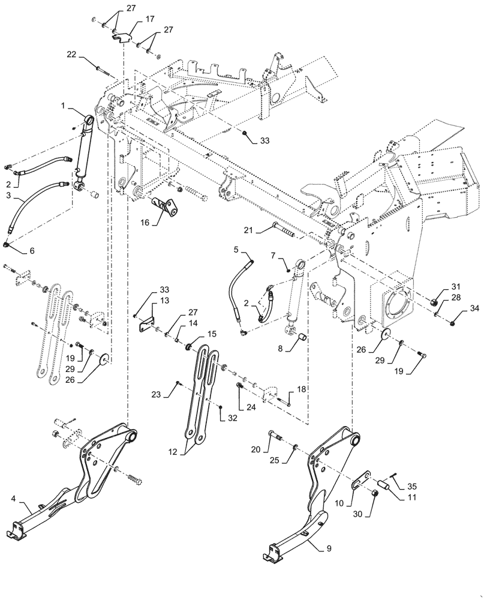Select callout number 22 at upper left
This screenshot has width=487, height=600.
point(71,55)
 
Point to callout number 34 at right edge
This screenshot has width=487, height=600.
point(475,308)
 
